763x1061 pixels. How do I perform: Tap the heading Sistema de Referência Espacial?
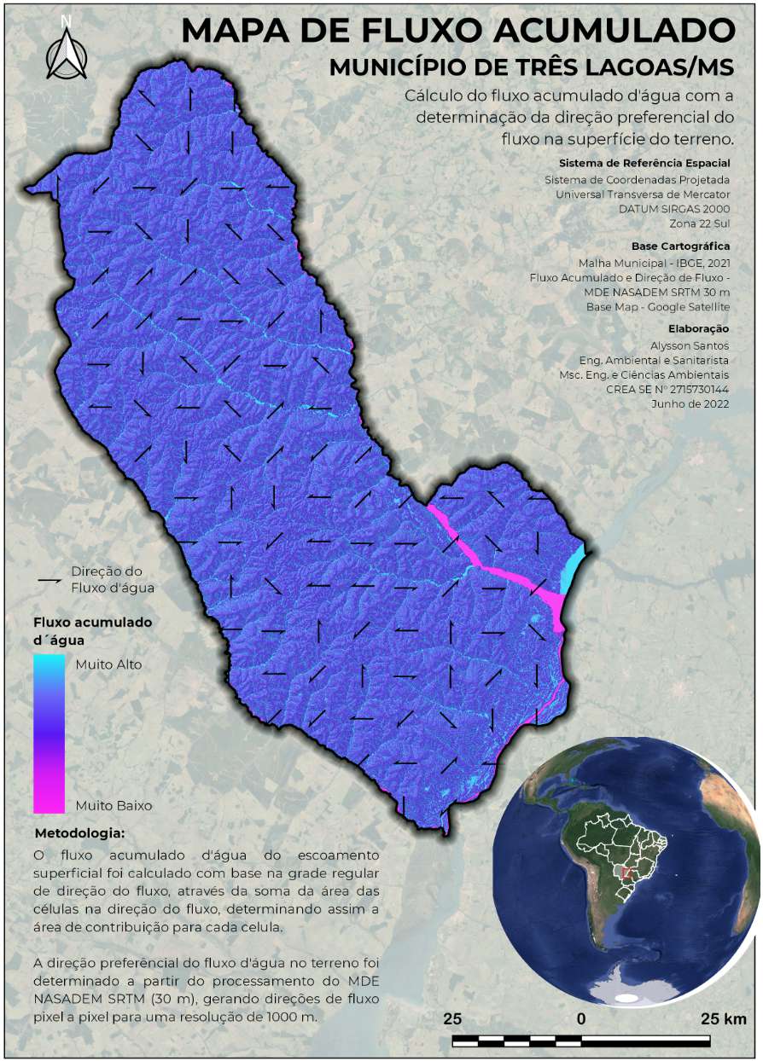[x=644, y=162]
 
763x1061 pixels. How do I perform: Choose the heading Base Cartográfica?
[x=681, y=246]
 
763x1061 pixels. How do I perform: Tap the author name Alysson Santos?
[x=690, y=345]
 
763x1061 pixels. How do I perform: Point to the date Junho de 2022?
[x=691, y=404]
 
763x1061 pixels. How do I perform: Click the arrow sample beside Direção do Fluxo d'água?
[x=50, y=579]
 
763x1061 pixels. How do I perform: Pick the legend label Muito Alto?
[x=108, y=664]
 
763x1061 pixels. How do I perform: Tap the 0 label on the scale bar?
[x=581, y=1019]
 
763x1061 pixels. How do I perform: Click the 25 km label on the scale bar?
[x=723, y=1019]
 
